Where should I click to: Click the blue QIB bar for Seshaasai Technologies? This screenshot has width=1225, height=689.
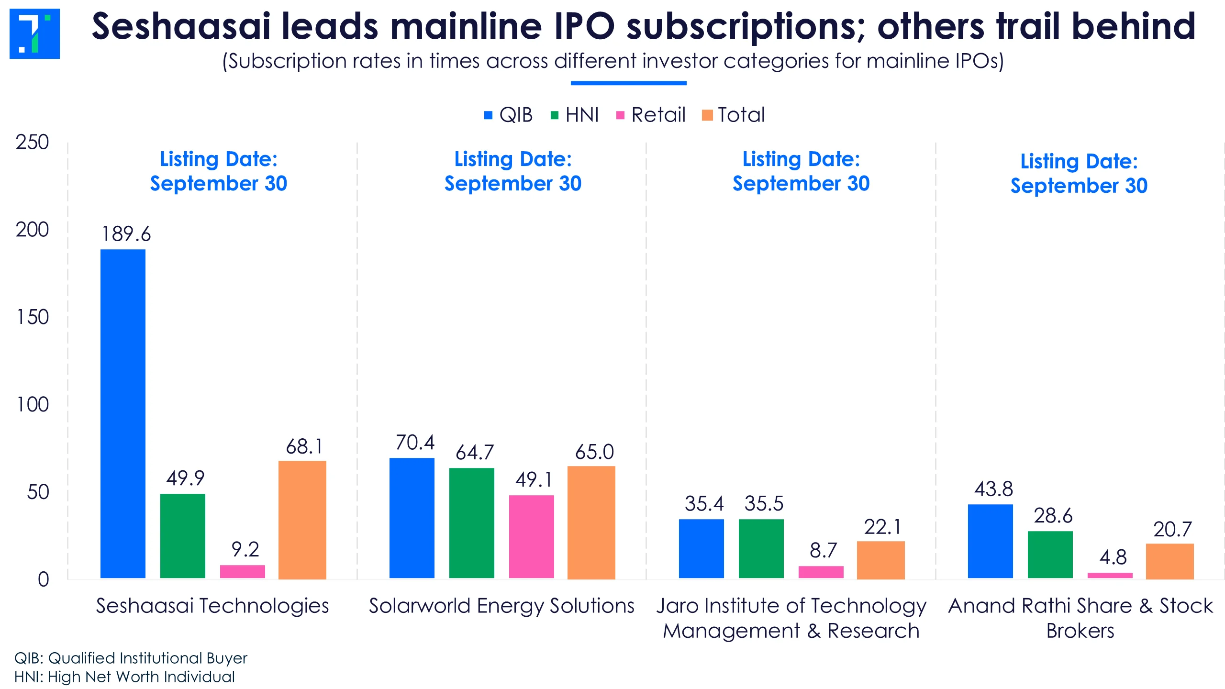pyautogui.click(x=122, y=414)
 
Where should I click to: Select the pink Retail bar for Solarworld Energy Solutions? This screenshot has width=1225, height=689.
pyautogui.click(x=531, y=537)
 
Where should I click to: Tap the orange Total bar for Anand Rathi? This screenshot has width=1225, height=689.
pyautogui.click(x=1169, y=561)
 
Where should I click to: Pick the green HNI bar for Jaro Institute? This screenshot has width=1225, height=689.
pyautogui.click(x=761, y=549)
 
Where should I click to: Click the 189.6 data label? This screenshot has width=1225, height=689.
pyautogui.click(x=126, y=234)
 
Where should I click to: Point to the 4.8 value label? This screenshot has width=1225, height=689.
pyautogui.click(x=1113, y=557)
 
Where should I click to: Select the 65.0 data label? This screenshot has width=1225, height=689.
pyautogui.click(x=594, y=452)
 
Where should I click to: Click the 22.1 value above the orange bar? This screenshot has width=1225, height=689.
pyautogui.click(x=882, y=527)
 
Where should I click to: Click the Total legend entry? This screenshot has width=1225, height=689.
pyautogui.click(x=734, y=115)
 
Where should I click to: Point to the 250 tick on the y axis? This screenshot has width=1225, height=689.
pyautogui.click(x=32, y=142)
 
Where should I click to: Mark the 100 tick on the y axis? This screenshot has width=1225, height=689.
pyautogui.click(x=33, y=405)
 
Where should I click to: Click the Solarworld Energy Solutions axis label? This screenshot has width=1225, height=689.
pyautogui.click(x=501, y=606)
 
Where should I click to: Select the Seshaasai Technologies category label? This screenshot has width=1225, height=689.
pyautogui.click(x=212, y=606)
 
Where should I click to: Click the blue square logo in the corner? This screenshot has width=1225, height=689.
pyautogui.click(x=34, y=33)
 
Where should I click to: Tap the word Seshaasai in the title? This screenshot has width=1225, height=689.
pyautogui.click(x=181, y=26)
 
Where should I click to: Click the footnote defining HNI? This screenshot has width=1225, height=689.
pyautogui.click(x=124, y=677)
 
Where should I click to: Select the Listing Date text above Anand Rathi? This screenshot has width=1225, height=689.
pyautogui.click(x=1079, y=173)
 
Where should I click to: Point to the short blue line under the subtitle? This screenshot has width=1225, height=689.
pyautogui.click(x=628, y=83)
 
